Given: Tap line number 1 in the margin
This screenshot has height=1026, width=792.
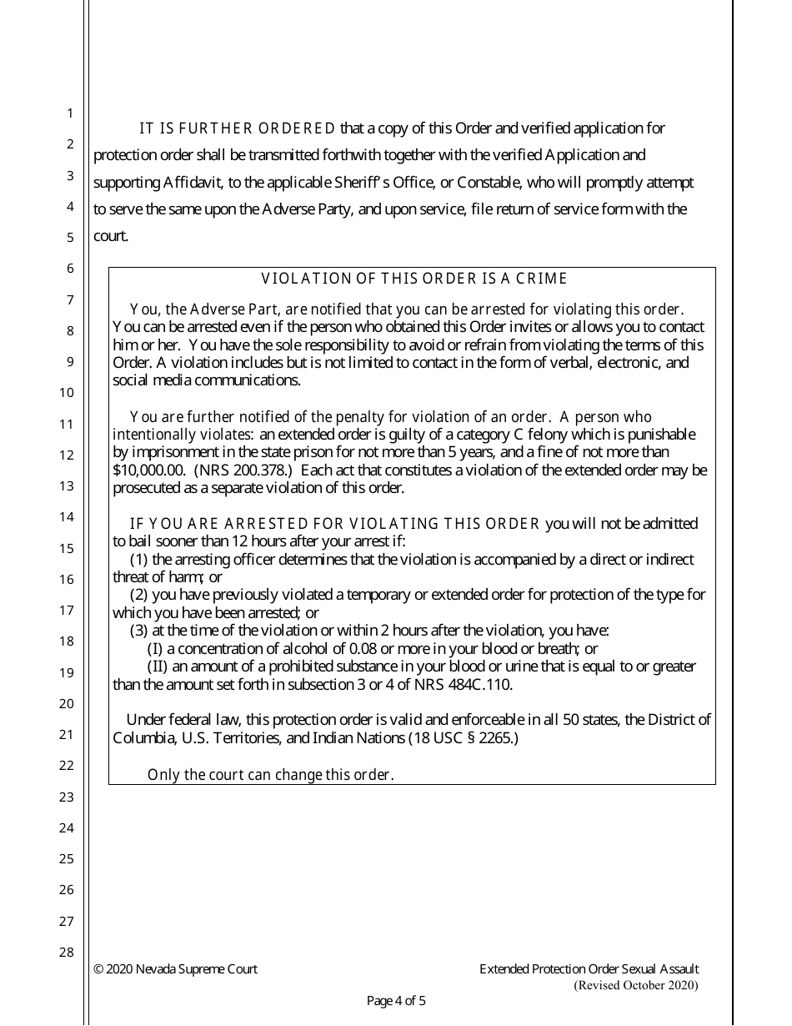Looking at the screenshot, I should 70,113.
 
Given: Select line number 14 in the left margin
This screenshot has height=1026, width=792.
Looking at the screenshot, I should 68,516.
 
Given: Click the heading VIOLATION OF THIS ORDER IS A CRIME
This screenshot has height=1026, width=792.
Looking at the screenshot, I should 414,279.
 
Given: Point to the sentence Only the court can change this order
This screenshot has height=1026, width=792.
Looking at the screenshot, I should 270,775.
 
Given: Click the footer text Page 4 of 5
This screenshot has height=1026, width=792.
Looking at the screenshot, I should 396,1001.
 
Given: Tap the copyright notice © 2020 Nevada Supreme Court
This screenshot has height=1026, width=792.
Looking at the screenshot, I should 176,969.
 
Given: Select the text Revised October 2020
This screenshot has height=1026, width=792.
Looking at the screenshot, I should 636,986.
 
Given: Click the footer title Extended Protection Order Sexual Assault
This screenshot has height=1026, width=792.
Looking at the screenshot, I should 589,969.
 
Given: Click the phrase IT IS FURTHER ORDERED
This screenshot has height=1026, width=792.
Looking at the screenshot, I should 237,128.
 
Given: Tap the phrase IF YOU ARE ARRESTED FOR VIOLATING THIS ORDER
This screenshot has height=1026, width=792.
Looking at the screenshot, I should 335,524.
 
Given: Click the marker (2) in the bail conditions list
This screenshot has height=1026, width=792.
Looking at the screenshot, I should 139,595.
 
